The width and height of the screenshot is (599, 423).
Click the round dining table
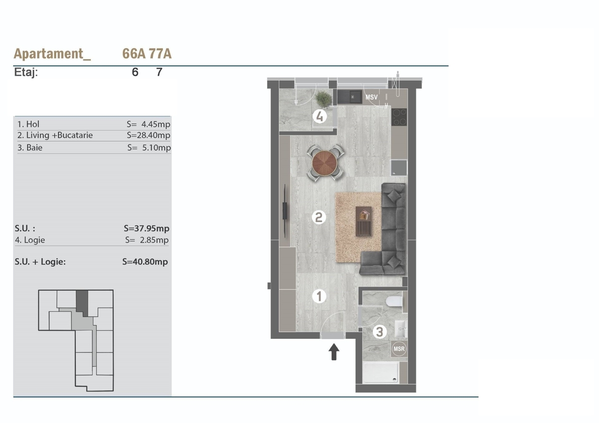point(324,163)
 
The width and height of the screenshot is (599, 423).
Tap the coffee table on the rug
point(364,221)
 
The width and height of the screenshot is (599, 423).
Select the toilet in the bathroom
point(394,302)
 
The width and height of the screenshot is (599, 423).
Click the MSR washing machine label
point(399,349)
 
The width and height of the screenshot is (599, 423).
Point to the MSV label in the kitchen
point(371,97)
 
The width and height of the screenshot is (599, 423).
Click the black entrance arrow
point(334,352)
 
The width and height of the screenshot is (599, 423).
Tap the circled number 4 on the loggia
point(320,117)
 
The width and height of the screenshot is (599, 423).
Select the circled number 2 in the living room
point(319,217)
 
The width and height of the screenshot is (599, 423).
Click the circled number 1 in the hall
point(319,296)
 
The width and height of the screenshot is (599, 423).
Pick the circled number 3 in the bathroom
point(380,332)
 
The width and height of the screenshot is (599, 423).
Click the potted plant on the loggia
point(323,99)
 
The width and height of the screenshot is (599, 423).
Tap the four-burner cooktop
point(399,117)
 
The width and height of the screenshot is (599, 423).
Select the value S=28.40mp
point(148,135)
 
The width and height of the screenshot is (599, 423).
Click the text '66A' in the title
point(134,53)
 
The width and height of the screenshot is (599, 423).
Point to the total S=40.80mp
point(145,261)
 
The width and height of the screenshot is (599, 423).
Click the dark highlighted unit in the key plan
point(82,302)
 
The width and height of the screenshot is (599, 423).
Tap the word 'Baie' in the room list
point(34,148)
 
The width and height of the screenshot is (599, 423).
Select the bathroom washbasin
point(401,329)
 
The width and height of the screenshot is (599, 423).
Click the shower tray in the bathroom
point(381,373)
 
